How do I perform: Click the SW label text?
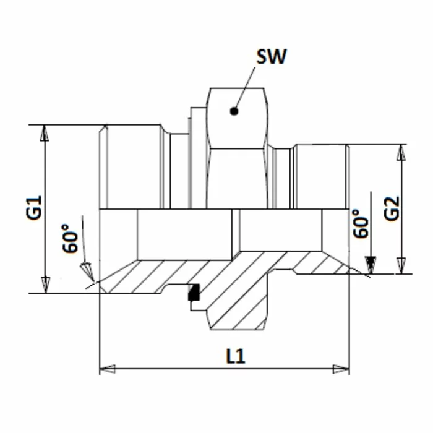click(x=273, y=58)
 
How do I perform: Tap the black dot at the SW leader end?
click(x=234, y=112)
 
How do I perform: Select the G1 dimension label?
click(x=34, y=208)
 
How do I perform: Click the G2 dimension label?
click(x=392, y=209)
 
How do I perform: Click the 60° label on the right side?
click(x=361, y=224)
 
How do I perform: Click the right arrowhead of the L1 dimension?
click(x=341, y=369)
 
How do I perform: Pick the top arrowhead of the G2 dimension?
click(x=403, y=152)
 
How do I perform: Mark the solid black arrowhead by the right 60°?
click(x=369, y=264)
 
